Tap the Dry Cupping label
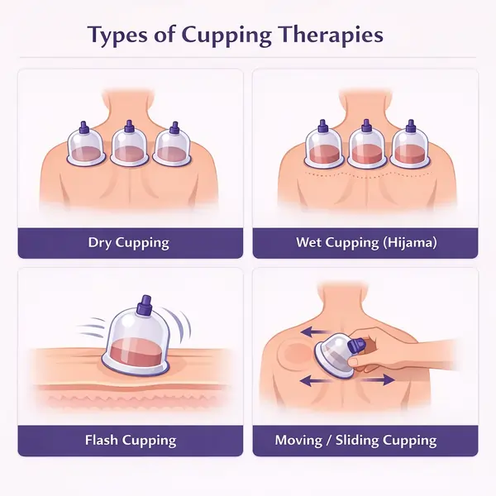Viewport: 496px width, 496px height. click(129, 243)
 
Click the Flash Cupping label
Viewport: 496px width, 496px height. click(129, 440)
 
